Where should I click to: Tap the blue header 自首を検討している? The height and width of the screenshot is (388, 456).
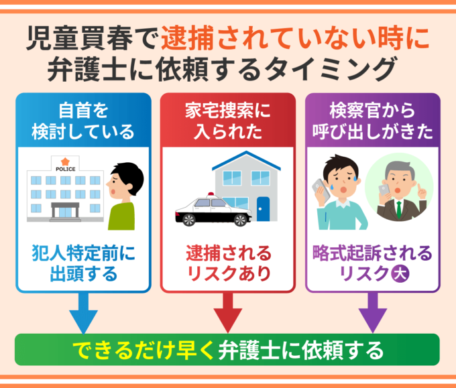pyautogui.click(x=83, y=120)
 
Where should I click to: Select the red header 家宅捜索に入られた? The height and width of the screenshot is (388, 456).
pyautogui.click(x=227, y=120)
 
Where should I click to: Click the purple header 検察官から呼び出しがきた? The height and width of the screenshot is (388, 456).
pyautogui.click(x=372, y=120)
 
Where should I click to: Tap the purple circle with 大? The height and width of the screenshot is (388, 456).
pyautogui.click(x=400, y=273)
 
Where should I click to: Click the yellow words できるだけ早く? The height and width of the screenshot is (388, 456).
pyautogui.click(x=143, y=350)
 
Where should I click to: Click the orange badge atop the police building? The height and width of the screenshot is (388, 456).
pyautogui.click(x=65, y=161)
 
